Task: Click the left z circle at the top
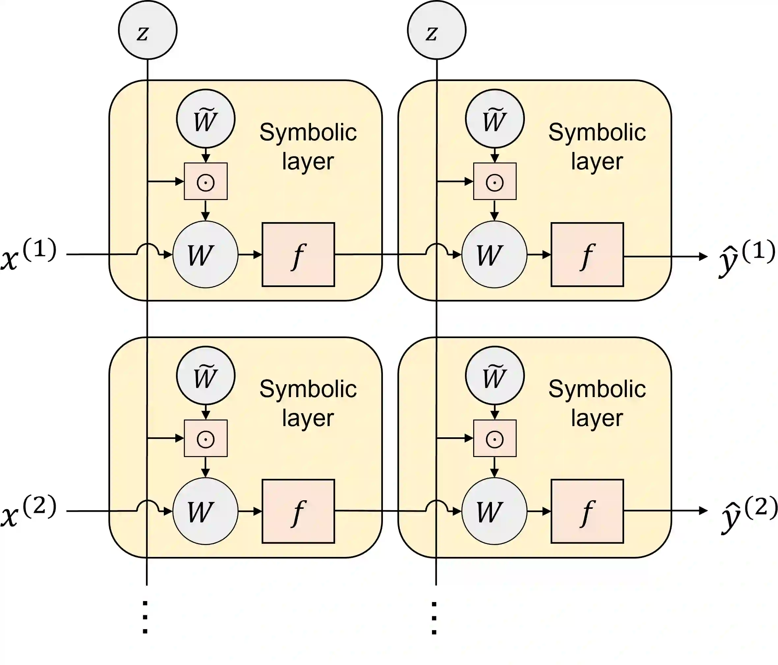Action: pos(148,30)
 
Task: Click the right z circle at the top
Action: pos(436,30)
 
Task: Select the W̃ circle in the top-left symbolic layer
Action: pos(206,119)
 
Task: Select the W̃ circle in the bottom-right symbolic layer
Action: pos(495,375)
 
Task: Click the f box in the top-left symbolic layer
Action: pos(298,255)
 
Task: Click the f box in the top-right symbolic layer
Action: pos(587,255)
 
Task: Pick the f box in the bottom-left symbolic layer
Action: pos(298,511)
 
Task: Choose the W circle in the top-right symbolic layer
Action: pos(494,255)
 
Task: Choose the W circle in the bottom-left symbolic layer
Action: pos(205,511)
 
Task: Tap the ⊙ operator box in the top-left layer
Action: pos(206,181)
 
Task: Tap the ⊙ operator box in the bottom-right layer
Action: pos(495,438)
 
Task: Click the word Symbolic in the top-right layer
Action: pos(597,132)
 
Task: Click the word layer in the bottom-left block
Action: pos(308,418)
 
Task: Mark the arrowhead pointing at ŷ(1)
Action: pos(703,257)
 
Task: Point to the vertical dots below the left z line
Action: pos(145,617)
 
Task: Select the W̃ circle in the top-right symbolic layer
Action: pos(495,119)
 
